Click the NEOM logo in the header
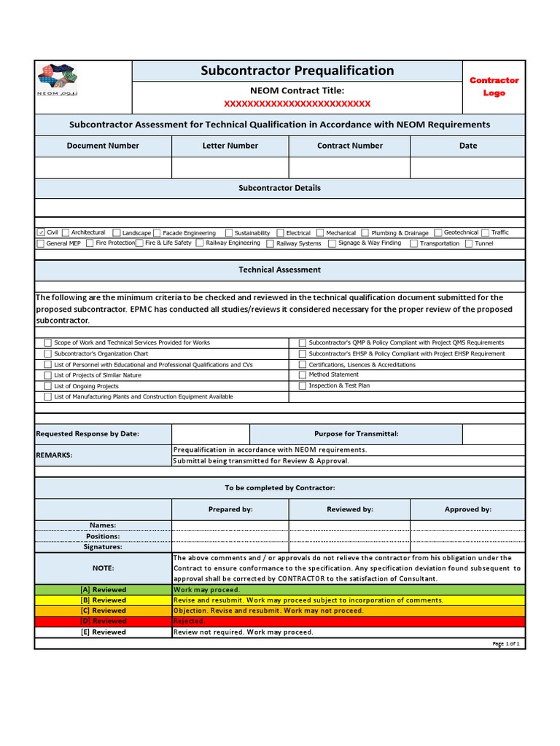click(58, 79)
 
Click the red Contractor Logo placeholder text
click(494, 87)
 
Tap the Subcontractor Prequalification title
click(297, 71)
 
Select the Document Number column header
click(103, 146)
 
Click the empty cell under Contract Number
click(349, 168)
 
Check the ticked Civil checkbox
click(41, 232)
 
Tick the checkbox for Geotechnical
click(438, 232)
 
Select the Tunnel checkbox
click(469, 243)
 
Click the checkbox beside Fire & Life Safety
click(140, 243)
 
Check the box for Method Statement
click(303, 375)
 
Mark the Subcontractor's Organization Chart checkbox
click(48, 354)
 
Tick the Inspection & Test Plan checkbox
click(303, 386)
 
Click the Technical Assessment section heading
click(279, 270)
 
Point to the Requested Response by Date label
click(87, 433)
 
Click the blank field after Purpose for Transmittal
click(494, 434)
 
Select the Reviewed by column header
click(349, 509)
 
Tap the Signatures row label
click(103, 546)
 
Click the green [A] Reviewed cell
click(103, 589)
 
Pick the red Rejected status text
click(188, 621)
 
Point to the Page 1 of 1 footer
click(505, 644)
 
